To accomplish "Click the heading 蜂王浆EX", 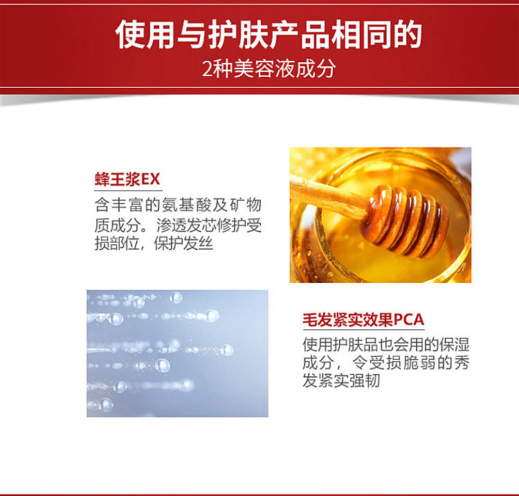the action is pyautogui.click(x=127, y=179).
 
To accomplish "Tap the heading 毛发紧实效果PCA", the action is pyautogui.click(x=363, y=320).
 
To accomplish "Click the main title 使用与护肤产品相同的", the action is pyautogui.click(x=268, y=34).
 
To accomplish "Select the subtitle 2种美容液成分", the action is pyautogui.click(x=268, y=68).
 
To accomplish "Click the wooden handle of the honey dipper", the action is pyautogui.click(x=328, y=196).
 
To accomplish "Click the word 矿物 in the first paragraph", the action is pyautogui.click(x=245, y=205).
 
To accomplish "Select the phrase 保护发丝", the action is pyautogui.click(x=183, y=244).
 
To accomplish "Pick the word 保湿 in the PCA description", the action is pyautogui.click(x=455, y=345).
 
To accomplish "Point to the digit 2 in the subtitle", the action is pyautogui.click(x=206, y=69).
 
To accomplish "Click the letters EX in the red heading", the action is pyautogui.click(x=151, y=179).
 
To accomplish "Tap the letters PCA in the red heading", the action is pyautogui.click(x=409, y=320).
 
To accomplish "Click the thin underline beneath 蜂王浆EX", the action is pyautogui.click(x=129, y=190).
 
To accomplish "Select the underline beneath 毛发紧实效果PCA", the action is pyautogui.click(x=363, y=329).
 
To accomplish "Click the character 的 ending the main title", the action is pyautogui.click(x=408, y=34).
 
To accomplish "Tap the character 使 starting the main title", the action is pyautogui.click(x=130, y=34).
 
